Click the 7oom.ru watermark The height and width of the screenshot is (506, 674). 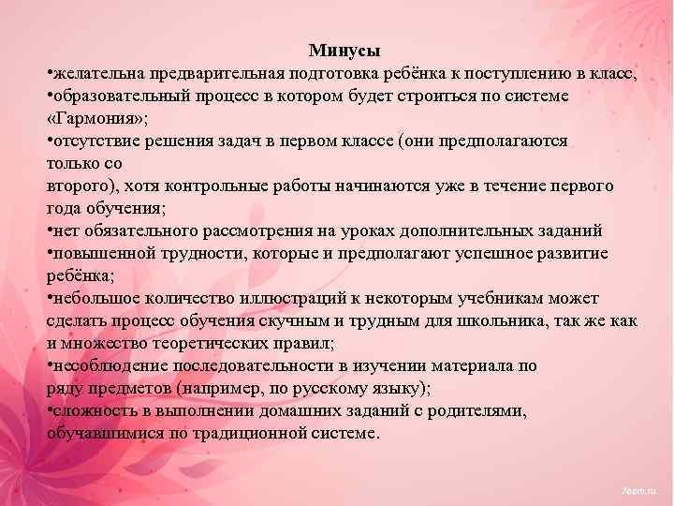coord(639,490)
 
